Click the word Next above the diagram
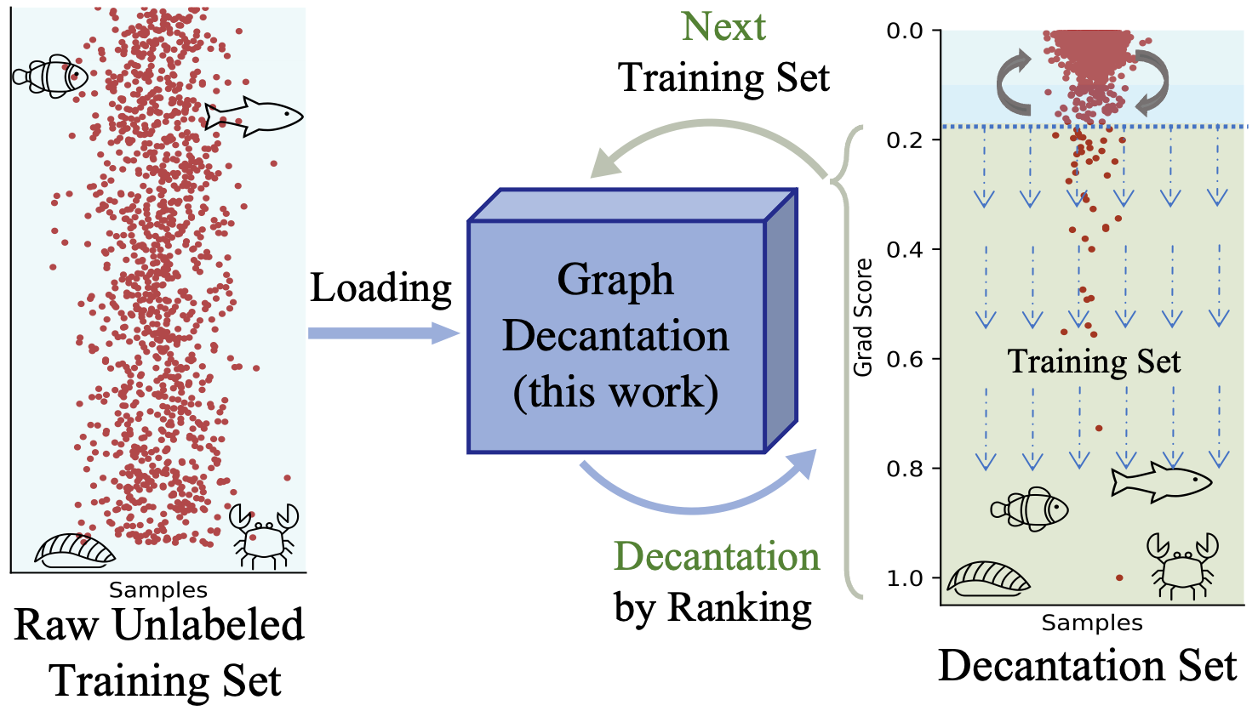point(723,27)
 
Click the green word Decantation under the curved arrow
point(717,557)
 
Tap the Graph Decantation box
point(616,336)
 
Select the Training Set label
point(1094,361)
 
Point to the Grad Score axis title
point(863,317)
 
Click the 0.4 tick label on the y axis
point(905,249)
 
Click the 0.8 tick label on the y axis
point(905,469)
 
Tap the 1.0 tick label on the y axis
point(905,578)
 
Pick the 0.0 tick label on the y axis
point(905,31)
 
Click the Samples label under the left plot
point(157,590)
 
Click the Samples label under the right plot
point(1092,623)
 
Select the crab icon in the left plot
point(264,535)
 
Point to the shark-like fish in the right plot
point(1161,481)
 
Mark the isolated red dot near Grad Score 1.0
point(1119,578)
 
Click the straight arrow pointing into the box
point(383,333)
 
